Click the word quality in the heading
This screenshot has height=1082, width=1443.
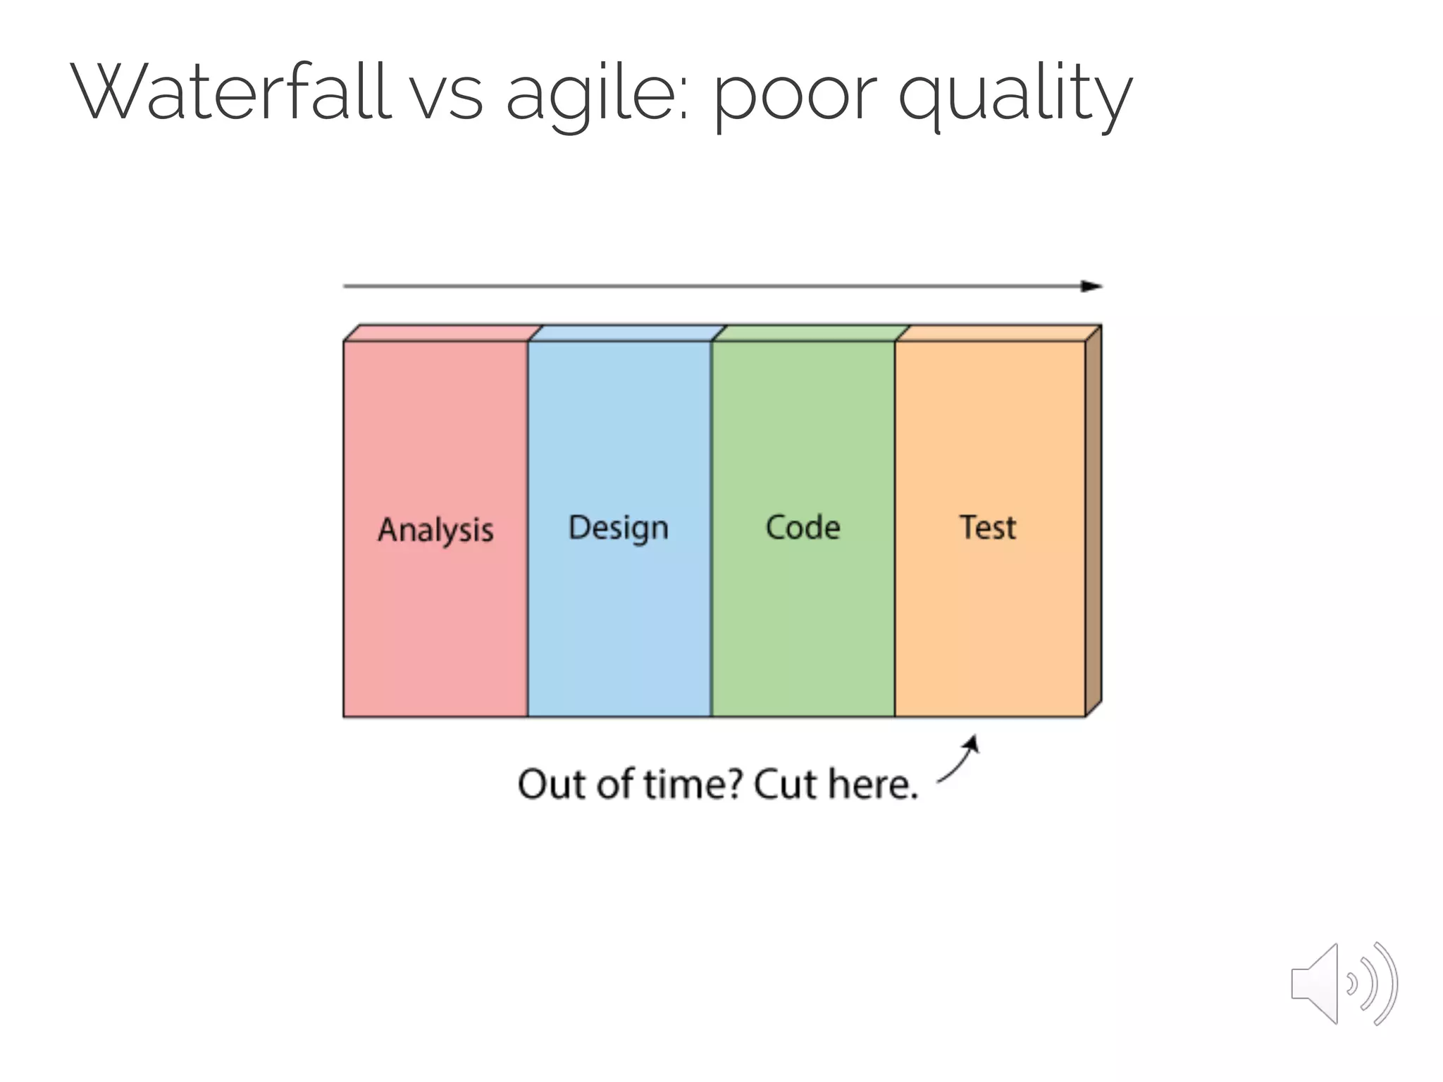pyautogui.click(x=1015, y=95)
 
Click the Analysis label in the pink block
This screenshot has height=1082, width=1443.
pyautogui.click(x=435, y=530)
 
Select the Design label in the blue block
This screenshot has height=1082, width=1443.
pyautogui.click(x=618, y=528)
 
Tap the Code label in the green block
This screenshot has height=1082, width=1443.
pyautogui.click(x=803, y=528)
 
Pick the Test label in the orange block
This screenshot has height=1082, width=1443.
pyautogui.click(x=988, y=528)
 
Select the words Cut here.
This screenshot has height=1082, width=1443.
pyautogui.click(x=836, y=784)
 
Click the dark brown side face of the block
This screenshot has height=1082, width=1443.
pyautogui.click(x=1093, y=521)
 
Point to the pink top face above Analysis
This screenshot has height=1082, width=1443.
pyautogui.click(x=442, y=333)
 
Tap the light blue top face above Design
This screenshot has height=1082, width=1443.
pyautogui.click(x=627, y=333)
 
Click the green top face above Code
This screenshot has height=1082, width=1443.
pyautogui.click(x=810, y=333)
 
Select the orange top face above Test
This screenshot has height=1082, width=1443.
pyautogui.click(x=997, y=333)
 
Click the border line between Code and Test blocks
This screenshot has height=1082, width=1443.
pyautogui.click(x=895, y=528)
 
